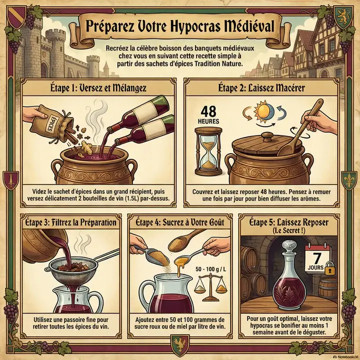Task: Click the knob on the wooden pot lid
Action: coord(267,136)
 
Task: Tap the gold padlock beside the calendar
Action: coord(330,270)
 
